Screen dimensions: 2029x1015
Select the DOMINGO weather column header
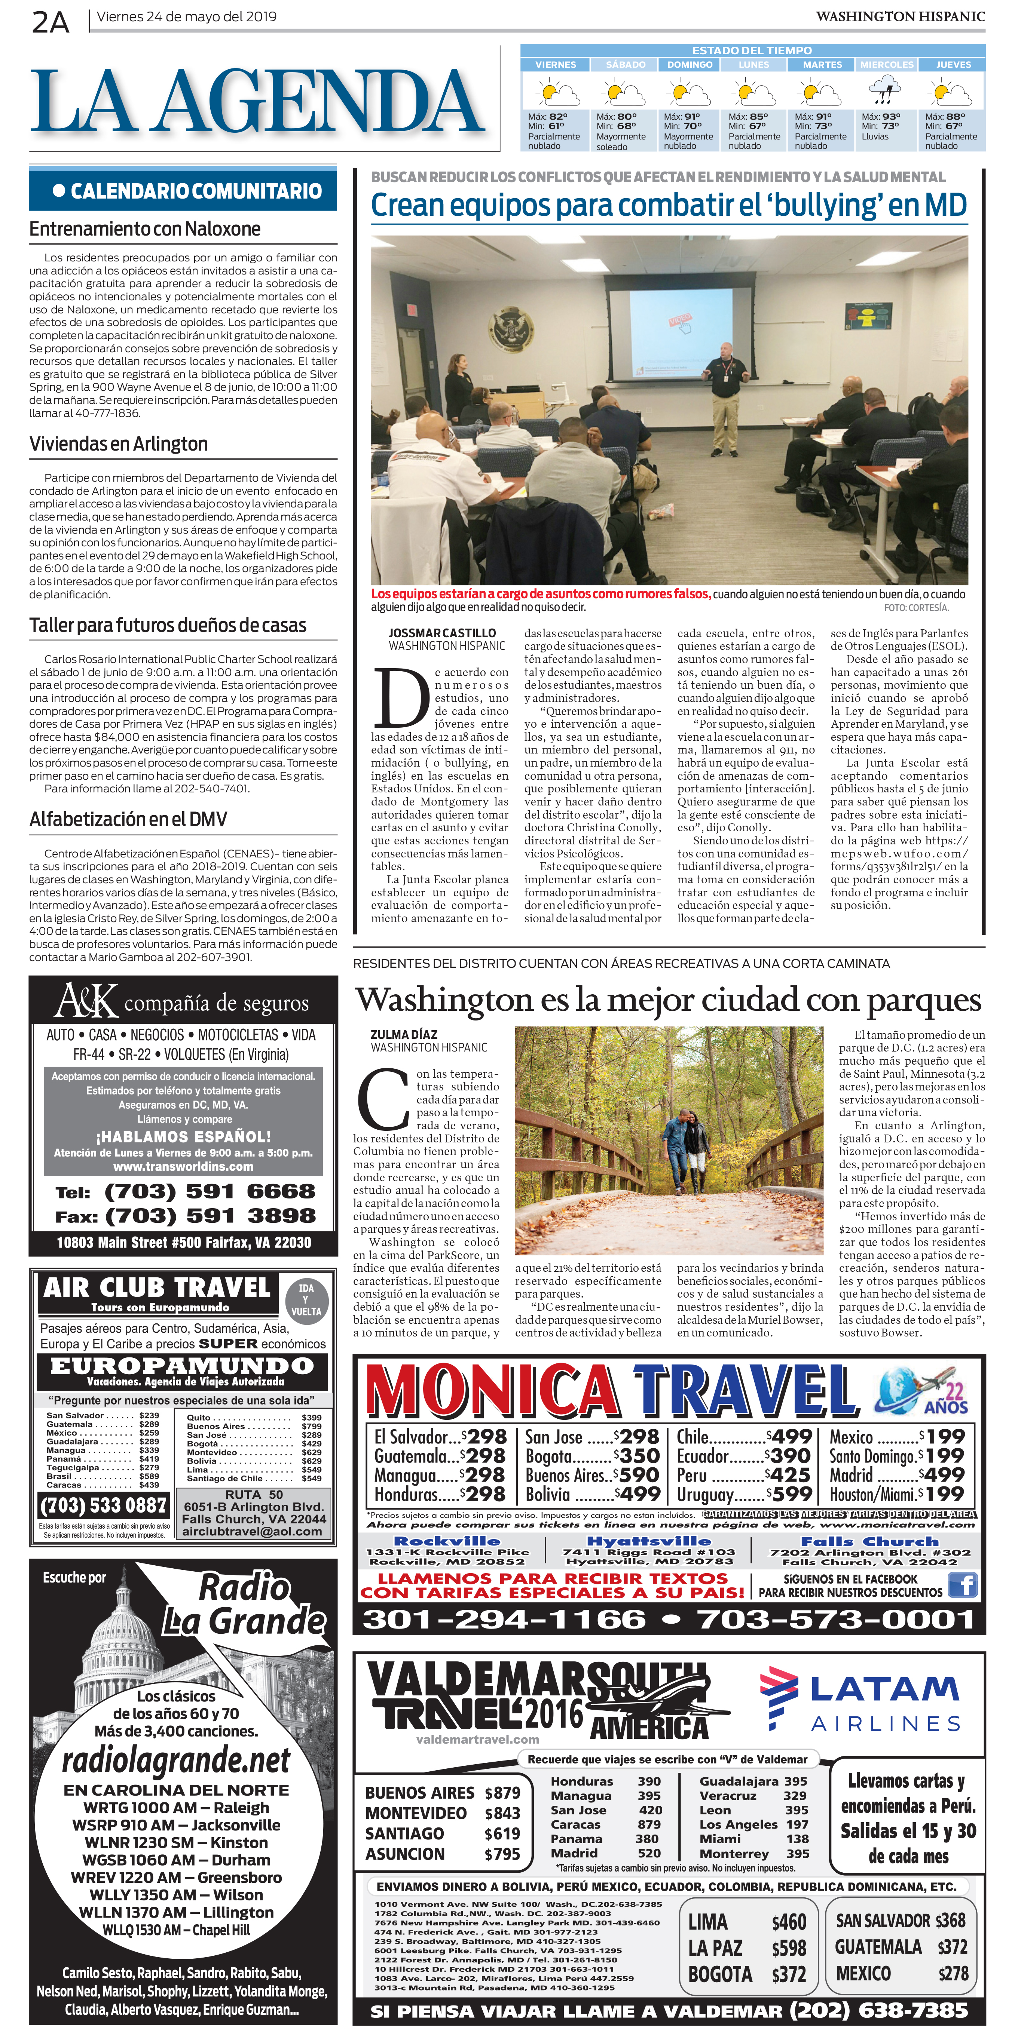click(690, 65)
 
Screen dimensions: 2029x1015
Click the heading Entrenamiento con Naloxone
click(145, 229)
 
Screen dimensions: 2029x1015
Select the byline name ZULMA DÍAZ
click(403, 1034)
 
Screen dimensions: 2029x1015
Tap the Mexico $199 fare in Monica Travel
click(896, 1437)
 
